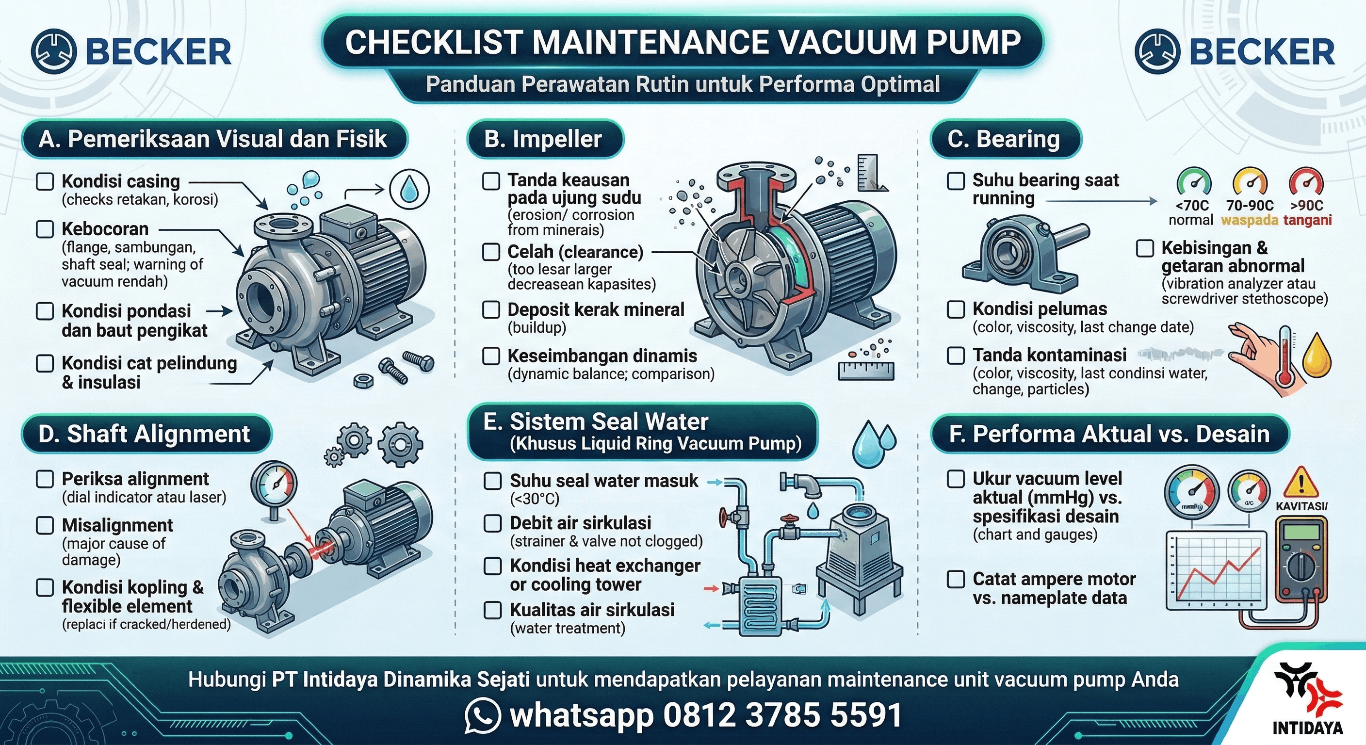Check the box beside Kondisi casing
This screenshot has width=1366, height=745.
(x=45, y=181)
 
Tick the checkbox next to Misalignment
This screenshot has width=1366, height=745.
(x=45, y=525)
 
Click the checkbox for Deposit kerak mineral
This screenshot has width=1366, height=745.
(x=491, y=309)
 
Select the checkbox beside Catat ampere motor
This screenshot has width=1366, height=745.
(x=956, y=579)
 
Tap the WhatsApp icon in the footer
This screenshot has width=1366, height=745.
(x=482, y=715)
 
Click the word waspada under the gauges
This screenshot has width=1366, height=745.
(x=1250, y=220)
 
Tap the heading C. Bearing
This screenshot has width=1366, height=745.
(x=1004, y=139)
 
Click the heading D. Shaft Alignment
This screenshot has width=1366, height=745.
(x=144, y=434)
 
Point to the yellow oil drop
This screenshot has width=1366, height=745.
(x=1317, y=356)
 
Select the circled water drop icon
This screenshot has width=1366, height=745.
(x=409, y=189)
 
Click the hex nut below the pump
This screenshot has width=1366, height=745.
(x=363, y=381)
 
